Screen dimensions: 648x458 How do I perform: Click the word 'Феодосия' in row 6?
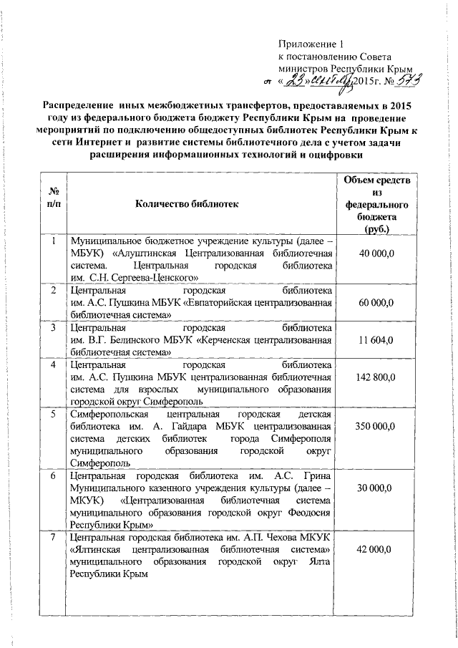[311, 513]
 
